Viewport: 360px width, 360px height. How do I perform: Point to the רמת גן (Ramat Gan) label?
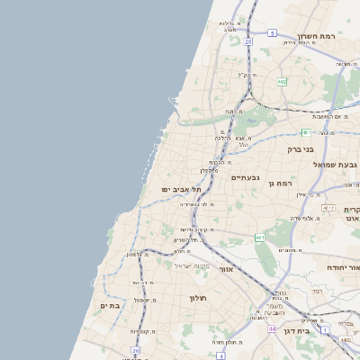click(280, 184)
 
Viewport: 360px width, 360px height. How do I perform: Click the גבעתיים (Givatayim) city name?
click(245, 177)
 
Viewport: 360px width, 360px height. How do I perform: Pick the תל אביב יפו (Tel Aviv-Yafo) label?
click(181, 190)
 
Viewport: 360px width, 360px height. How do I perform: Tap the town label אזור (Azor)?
click(226, 269)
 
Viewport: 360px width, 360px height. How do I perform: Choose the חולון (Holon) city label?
click(198, 298)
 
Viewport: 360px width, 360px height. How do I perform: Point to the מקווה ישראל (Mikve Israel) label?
click(192, 265)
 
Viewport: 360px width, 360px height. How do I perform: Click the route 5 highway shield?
click(271, 33)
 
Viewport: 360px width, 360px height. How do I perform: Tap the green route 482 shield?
click(282, 82)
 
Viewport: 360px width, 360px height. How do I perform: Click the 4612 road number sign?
click(328, 207)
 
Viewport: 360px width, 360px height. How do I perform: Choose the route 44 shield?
click(272, 329)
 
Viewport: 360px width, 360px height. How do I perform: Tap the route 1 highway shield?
click(325, 330)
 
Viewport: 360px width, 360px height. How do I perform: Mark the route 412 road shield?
click(346, 340)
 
